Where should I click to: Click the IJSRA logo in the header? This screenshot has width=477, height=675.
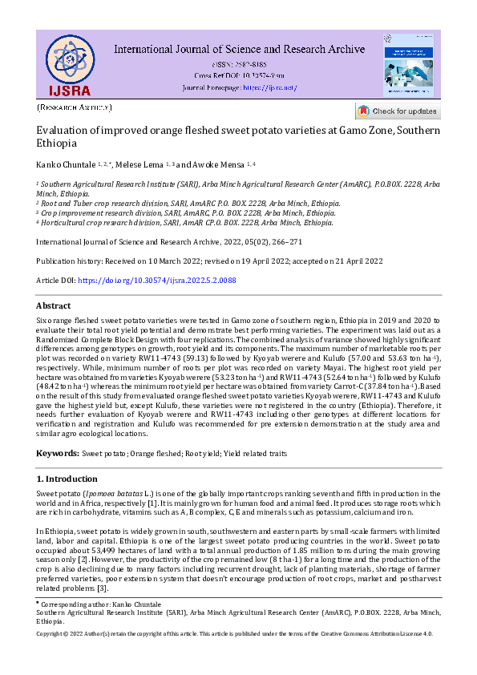[x=69, y=64]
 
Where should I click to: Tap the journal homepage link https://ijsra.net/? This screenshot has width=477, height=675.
[x=269, y=87]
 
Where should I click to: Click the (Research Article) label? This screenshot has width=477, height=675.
[x=75, y=107]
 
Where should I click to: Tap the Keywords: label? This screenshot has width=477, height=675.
[x=61, y=453]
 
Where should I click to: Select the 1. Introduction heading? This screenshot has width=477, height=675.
[x=67, y=479]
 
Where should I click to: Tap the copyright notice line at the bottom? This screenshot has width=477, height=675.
[x=235, y=633]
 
